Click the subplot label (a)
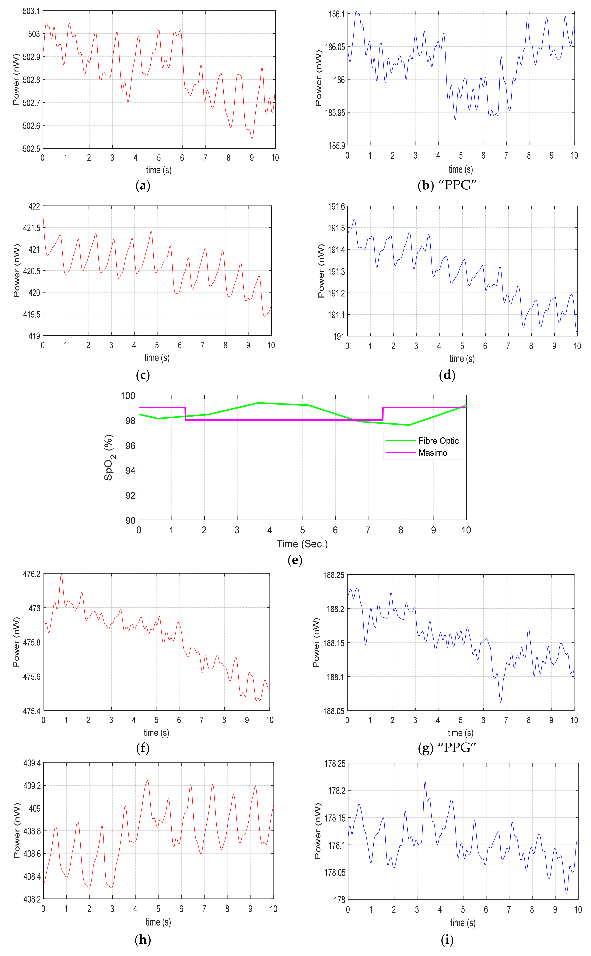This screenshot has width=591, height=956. point(143,185)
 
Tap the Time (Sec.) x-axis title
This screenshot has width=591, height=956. point(302,544)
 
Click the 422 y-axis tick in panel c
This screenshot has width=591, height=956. point(34,206)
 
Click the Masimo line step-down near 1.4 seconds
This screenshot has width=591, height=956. point(185,414)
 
